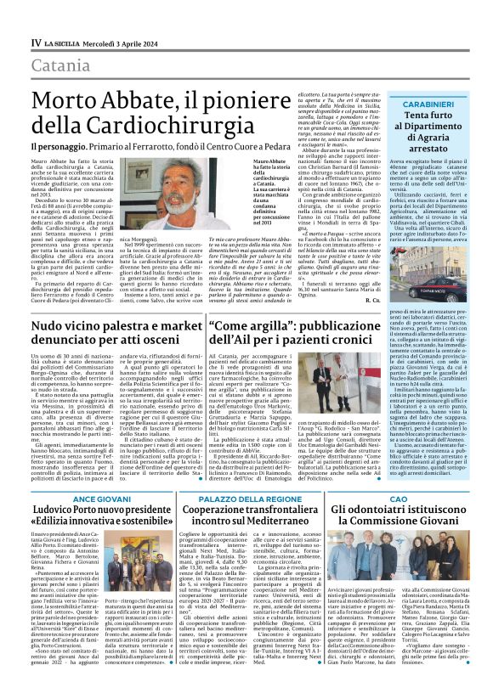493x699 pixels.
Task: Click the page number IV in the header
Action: [x=36, y=42]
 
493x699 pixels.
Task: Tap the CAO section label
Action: [x=411, y=498]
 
